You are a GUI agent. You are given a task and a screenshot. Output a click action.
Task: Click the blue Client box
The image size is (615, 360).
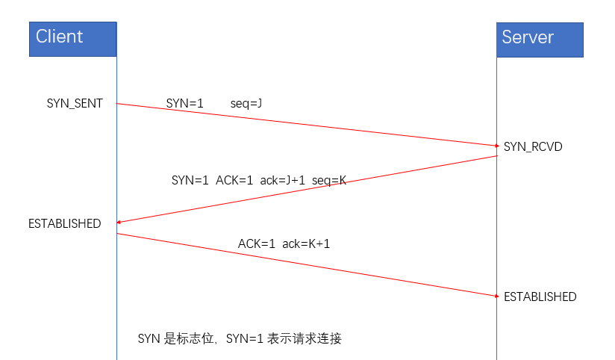(73, 39)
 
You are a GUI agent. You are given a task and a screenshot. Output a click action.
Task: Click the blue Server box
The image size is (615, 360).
(540, 39)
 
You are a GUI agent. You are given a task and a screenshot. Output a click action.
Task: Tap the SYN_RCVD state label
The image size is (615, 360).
(533, 146)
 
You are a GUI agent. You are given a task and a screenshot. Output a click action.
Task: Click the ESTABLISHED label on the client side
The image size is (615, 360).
(64, 223)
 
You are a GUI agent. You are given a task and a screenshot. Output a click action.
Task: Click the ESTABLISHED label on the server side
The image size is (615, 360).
(540, 297)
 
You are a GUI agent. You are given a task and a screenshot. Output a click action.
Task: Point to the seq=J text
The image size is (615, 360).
(246, 102)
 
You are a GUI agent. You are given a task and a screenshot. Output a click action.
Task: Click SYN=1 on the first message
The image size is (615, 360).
(185, 102)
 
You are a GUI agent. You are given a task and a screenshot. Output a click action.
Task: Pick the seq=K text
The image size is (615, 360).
(329, 180)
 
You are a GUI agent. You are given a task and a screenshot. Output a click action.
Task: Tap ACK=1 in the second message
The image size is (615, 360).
(235, 180)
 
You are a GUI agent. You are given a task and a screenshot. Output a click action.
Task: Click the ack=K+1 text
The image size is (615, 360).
(306, 243)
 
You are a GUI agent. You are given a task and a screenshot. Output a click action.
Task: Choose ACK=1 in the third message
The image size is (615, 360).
(257, 243)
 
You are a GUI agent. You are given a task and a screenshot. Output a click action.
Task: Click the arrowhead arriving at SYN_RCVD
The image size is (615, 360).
(496, 145)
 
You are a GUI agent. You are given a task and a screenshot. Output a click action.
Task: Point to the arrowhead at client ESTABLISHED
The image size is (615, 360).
(119, 222)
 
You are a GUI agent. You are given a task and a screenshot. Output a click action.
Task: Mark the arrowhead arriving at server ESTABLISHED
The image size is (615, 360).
(496, 296)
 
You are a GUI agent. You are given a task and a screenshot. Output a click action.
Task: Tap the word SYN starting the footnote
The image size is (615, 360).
(149, 338)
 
